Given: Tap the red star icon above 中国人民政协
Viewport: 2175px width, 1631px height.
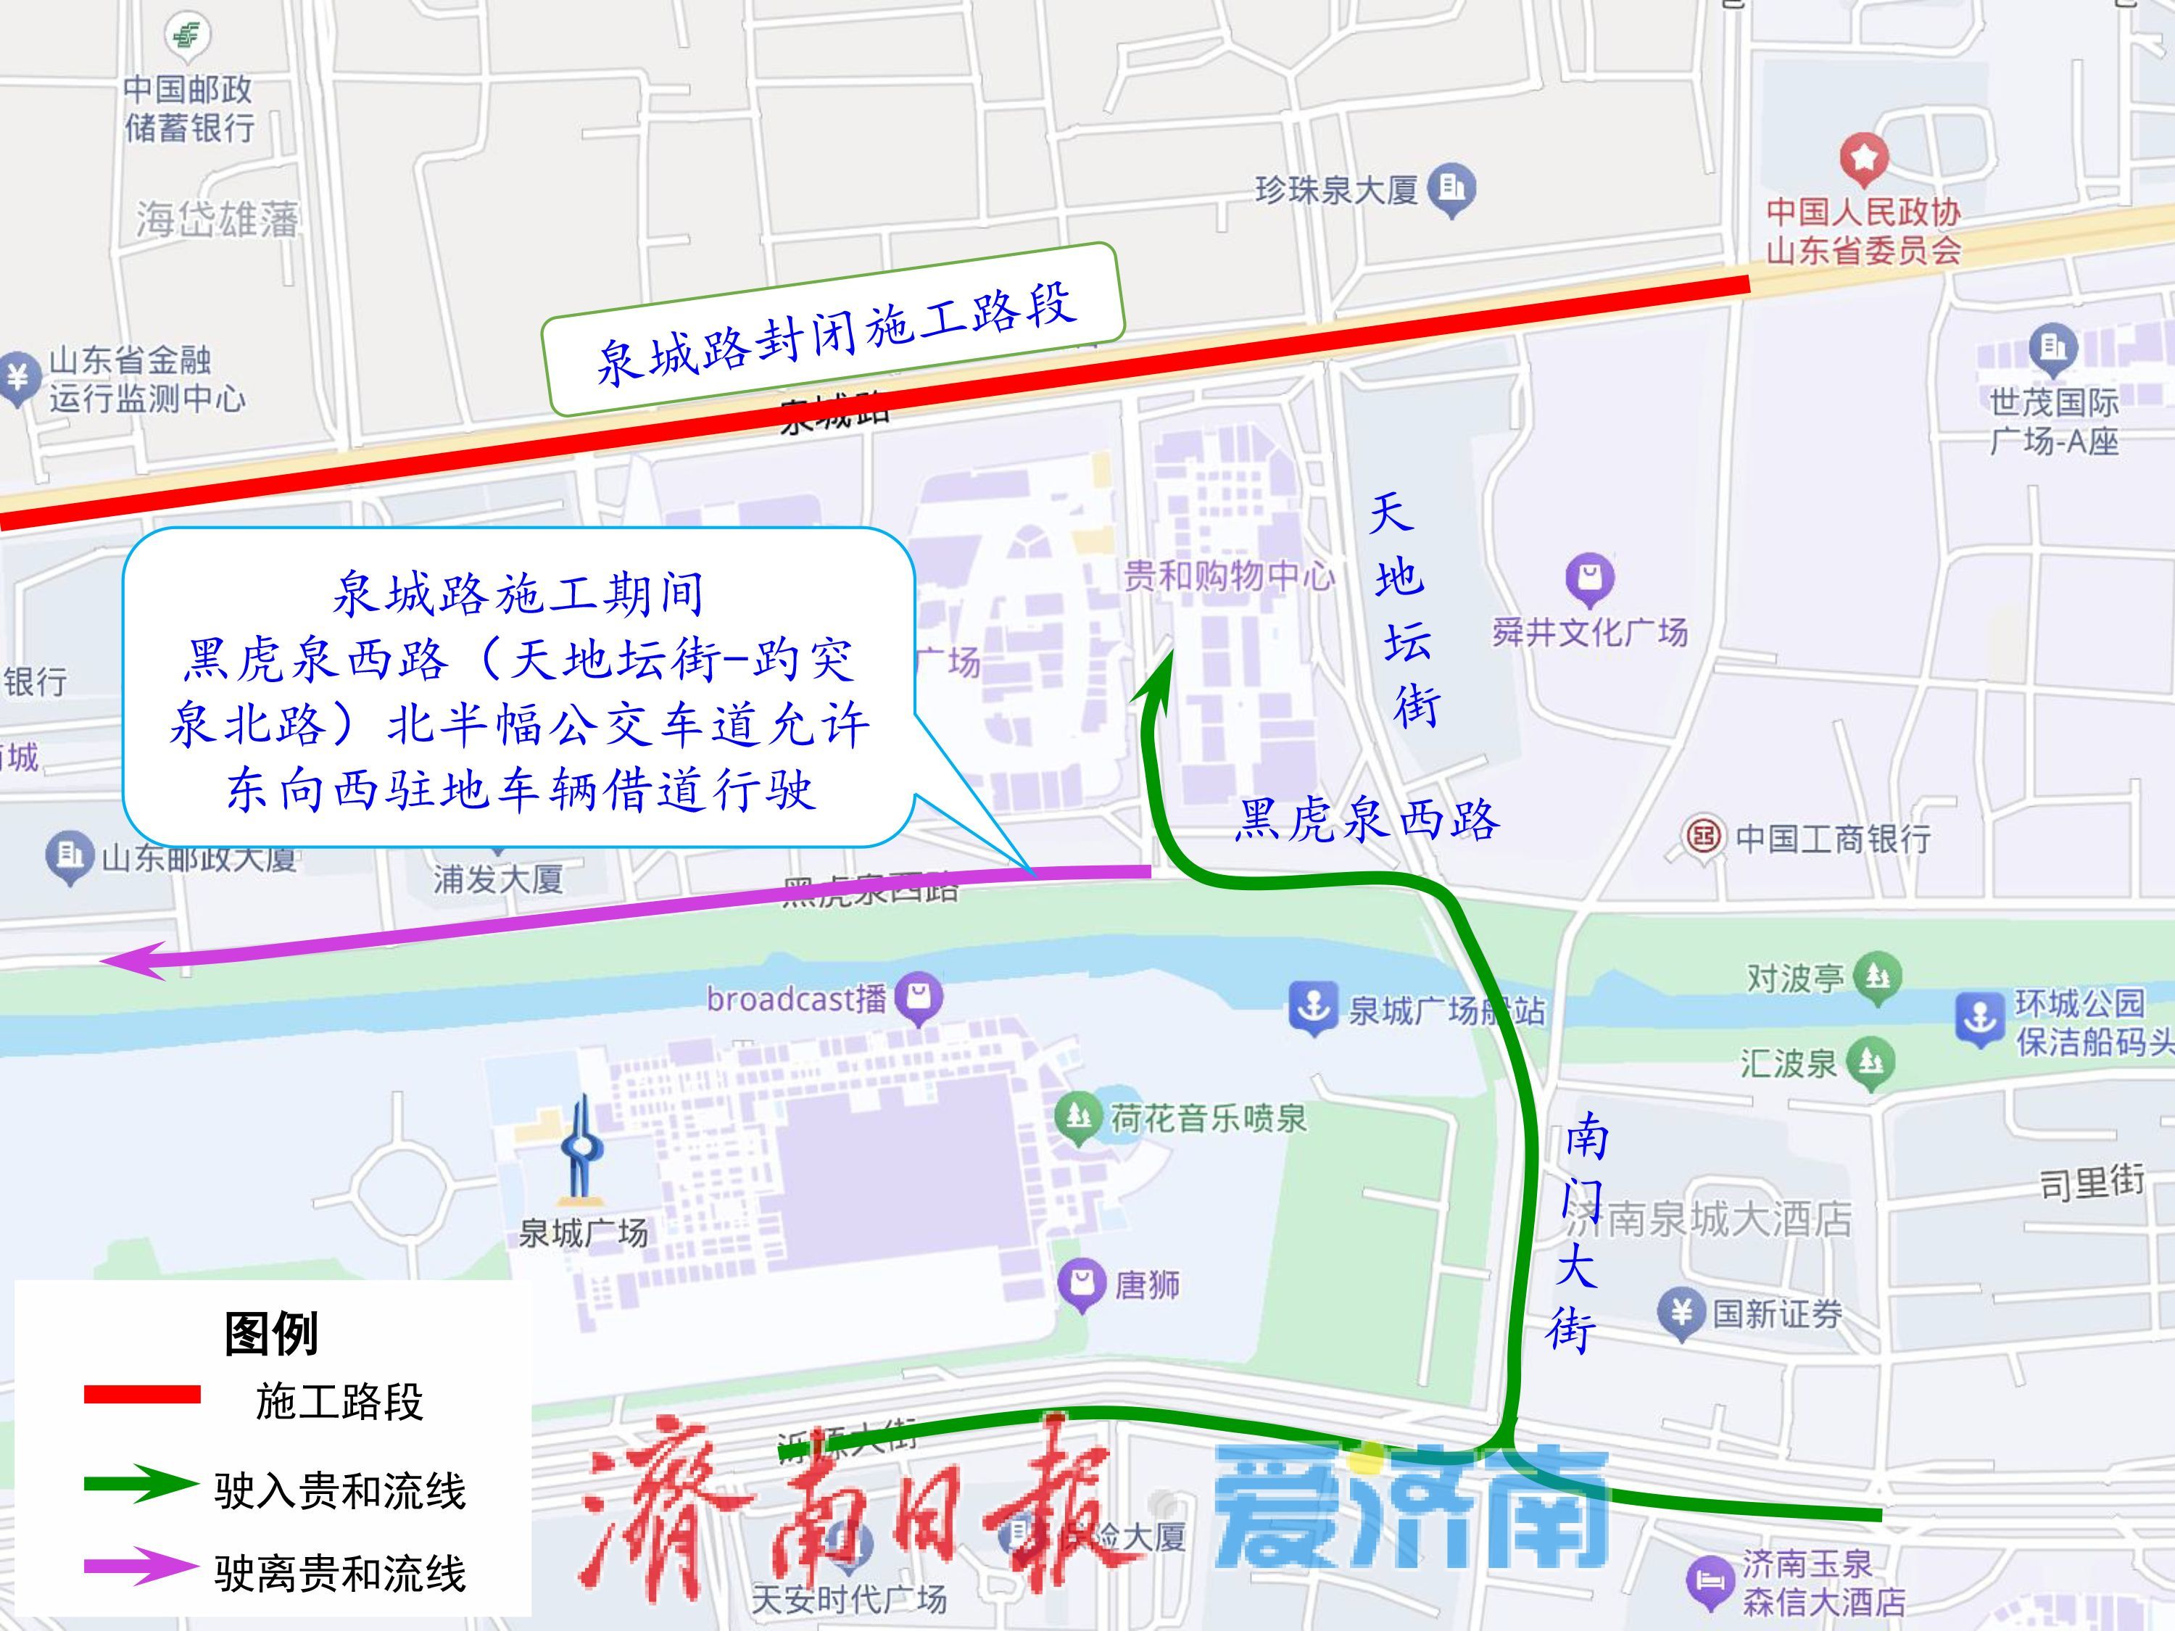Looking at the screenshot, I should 1863,158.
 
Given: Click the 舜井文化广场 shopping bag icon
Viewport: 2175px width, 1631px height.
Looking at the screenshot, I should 1590,578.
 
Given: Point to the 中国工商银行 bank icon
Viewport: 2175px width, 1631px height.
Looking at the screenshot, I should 1704,837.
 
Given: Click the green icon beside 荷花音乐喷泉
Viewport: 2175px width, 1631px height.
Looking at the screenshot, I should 1079,1118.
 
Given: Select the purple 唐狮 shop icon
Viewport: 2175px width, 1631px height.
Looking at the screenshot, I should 1082,1283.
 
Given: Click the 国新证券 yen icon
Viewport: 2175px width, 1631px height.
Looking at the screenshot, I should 1681,1313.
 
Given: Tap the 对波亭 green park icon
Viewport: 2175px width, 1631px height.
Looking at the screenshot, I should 1877,976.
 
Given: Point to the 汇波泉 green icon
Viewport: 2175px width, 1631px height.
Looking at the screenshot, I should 1870,1062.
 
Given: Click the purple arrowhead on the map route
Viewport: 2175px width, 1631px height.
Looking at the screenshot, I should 133,960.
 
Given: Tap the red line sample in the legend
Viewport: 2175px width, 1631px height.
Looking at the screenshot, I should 143,1394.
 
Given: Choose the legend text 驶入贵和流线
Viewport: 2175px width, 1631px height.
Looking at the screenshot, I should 340,1490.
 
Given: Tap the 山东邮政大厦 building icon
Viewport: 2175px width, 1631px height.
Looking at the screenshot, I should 69,855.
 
